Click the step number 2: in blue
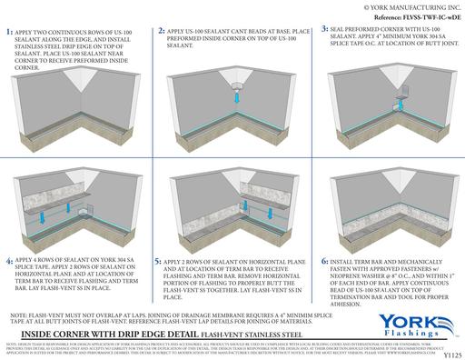pyautogui.click(x=162, y=32)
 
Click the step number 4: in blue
pyautogui.click(x=9, y=234)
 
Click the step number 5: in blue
pyautogui.click(x=159, y=234)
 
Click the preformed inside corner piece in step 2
pyautogui.click(x=235, y=91)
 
